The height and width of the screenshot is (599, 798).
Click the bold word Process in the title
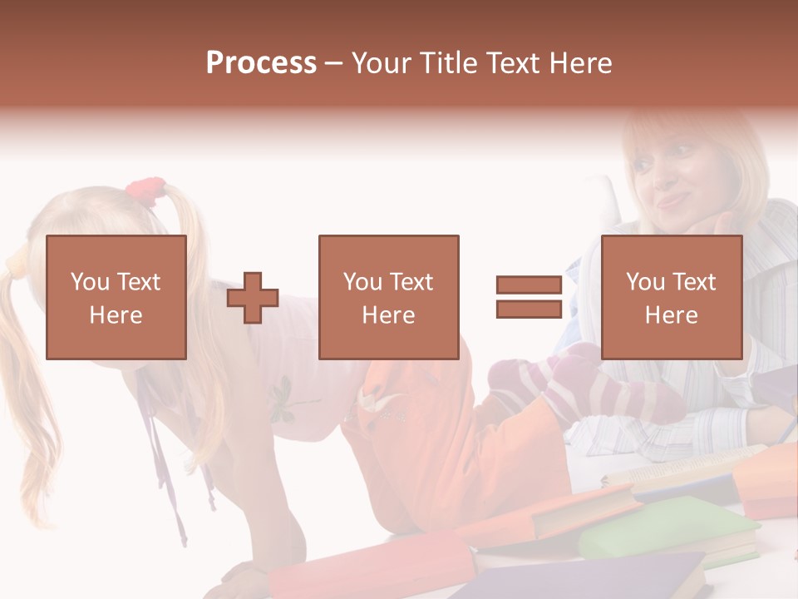pos(261,63)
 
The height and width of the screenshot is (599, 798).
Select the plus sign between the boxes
pos(253,298)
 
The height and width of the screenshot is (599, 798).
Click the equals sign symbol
pos(529,298)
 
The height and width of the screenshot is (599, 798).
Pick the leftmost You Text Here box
pos(116,297)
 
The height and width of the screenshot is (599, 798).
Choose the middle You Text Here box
pos(388,297)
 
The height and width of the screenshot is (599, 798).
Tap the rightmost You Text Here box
pos(671,297)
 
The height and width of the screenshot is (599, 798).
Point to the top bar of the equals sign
pos(529,285)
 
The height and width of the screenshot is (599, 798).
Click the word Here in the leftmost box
pos(116,315)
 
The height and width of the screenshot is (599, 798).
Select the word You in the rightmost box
pos(644,282)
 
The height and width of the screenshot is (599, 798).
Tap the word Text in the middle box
pos(411,282)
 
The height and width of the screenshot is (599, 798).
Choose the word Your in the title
pos(383,63)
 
